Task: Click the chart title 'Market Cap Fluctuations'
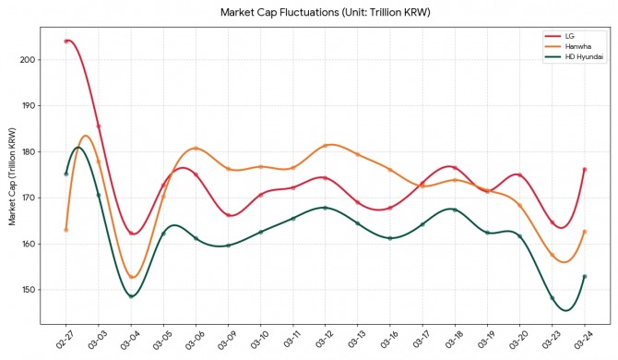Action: (x=279, y=12)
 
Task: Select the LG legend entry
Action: (x=569, y=36)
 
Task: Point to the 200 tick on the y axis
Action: (x=28, y=60)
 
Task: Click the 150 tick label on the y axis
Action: (x=28, y=290)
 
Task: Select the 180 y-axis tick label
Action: (x=28, y=151)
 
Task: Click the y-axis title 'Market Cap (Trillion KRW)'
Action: (x=12, y=176)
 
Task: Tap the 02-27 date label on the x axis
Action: (x=65, y=339)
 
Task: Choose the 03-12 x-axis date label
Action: (x=325, y=339)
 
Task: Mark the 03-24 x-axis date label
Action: (x=584, y=339)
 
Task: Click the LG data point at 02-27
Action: (x=66, y=41)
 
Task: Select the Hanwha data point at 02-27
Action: (x=66, y=230)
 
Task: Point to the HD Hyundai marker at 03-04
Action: (x=131, y=296)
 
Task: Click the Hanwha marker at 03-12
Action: (x=326, y=146)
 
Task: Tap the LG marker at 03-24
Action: (x=585, y=170)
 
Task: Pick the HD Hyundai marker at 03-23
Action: (x=553, y=298)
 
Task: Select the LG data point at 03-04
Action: (x=131, y=233)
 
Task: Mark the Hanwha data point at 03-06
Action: (x=196, y=149)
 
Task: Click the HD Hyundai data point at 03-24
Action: (x=585, y=276)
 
